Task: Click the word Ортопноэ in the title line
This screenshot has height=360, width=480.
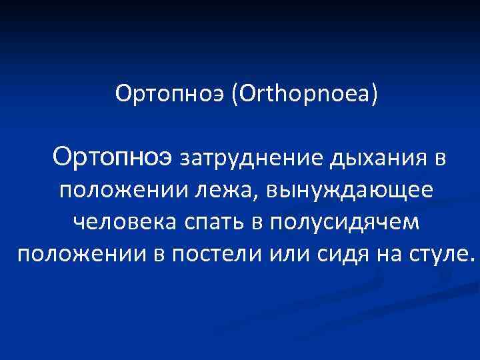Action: [171, 93]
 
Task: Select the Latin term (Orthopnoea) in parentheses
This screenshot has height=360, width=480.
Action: [305, 93]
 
